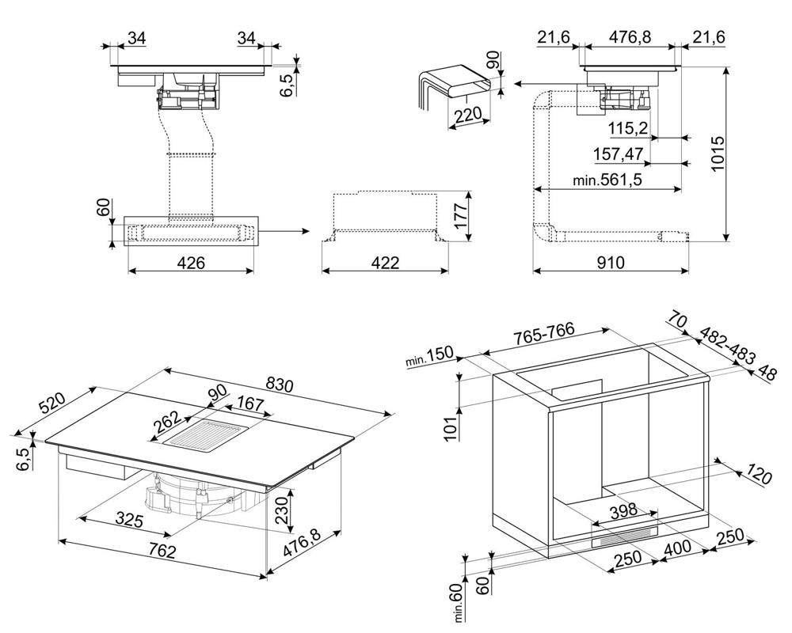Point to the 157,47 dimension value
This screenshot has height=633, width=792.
point(618,153)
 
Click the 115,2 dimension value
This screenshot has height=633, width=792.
point(629,128)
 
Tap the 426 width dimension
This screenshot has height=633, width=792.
point(190,263)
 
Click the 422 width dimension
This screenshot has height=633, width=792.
point(384,263)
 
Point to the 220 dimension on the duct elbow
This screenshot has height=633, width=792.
point(467,116)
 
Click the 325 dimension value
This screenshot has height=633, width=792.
point(128,520)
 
